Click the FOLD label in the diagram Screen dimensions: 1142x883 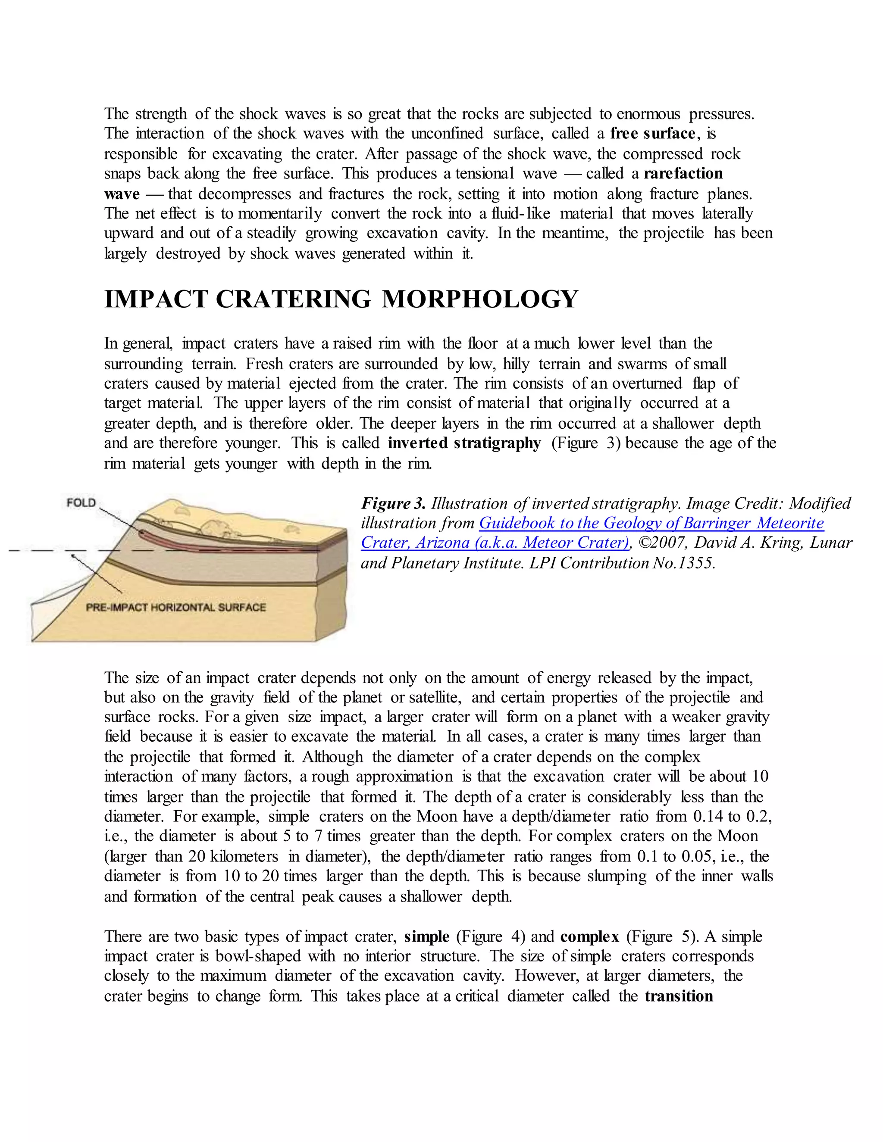[x=81, y=503]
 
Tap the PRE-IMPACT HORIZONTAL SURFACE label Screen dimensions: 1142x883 [x=176, y=607]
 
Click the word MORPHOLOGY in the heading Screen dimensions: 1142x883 [x=480, y=300]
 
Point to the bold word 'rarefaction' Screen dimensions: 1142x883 [x=683, y=174]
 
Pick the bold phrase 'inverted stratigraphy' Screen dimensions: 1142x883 [x=464, y=443]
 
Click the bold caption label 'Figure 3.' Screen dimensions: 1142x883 [x=393, y=503]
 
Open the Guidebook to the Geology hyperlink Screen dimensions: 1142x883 [x=651, y=524]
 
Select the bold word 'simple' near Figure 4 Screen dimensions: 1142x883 [x=427, y=936]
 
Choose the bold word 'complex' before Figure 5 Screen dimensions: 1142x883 [x=589, y=936]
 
